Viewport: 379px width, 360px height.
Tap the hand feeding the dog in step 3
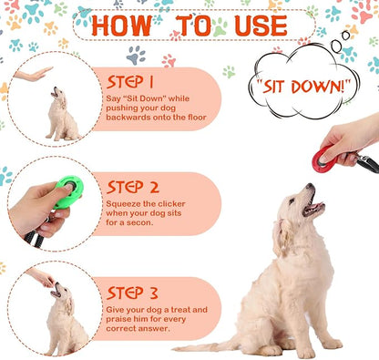pos(42,276)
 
